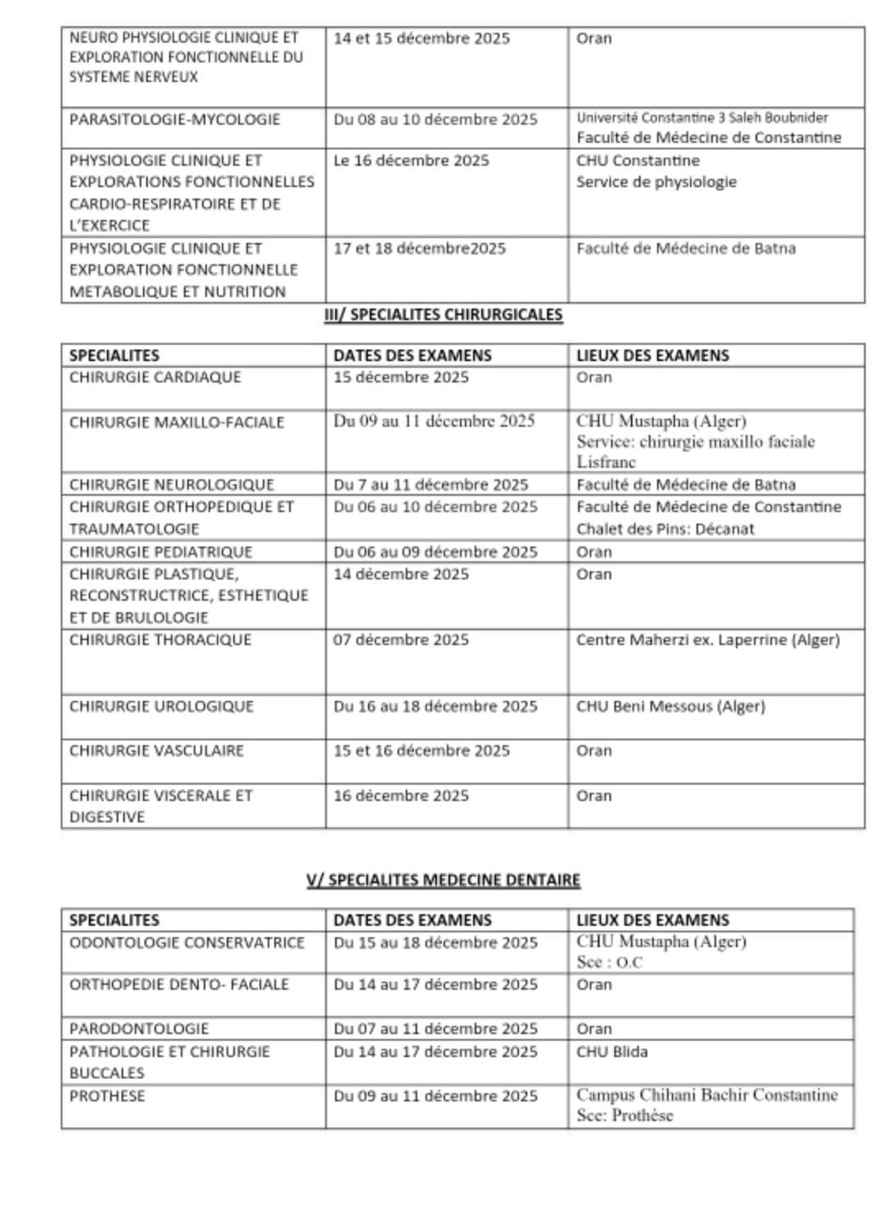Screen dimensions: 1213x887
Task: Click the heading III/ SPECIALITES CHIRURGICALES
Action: (x=443, y=314)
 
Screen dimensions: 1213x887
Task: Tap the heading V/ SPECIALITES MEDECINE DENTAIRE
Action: (x=443, y=880)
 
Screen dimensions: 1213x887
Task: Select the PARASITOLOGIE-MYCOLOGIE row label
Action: (x=175, y=120)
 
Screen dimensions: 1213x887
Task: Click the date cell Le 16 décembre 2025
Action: (x=411, y=161)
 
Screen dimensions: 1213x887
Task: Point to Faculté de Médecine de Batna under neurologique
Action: (x=686, y=484)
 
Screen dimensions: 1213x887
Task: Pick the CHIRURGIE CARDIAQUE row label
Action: (x=155, y=378)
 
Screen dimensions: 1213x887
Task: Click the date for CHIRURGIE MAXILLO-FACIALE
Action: (x=434, y=422)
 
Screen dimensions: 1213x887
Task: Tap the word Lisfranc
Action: (x=606, y=462)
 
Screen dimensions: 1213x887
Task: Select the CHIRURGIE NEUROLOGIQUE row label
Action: (x=172, y=484)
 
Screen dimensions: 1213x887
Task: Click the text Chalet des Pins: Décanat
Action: (x=665, y=529)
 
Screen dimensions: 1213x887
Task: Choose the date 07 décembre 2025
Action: (x=401, y=640)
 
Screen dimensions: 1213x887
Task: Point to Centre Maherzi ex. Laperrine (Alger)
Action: (x=708, y=640)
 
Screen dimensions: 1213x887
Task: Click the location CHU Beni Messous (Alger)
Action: (x=670, y=707)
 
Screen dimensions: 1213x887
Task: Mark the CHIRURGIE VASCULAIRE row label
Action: (x=157, y=751)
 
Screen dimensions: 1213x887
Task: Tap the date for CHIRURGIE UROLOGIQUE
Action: (x=435, y=707)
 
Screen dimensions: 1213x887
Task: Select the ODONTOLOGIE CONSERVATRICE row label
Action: (x=187, y=943)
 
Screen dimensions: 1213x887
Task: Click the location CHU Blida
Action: (x=612, y=1052)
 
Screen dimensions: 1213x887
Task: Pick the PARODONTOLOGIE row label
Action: (x=139, y=1029)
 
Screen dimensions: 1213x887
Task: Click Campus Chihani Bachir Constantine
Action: (x=707, y=1096)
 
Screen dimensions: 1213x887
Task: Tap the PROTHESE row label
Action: (x=108, y=1096)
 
